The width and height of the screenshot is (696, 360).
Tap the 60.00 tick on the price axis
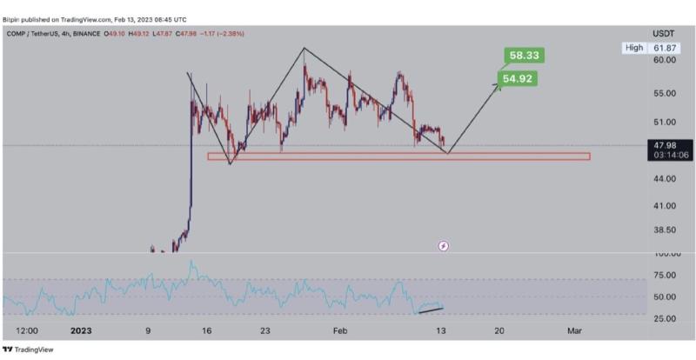(666, 60)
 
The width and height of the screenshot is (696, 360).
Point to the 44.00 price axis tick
(666, 178)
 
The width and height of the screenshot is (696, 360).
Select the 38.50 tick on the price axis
(666, 230)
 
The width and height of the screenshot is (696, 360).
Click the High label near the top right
(633, 48)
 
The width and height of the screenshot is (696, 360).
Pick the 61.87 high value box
(666, 48)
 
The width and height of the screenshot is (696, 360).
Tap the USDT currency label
(666, 34)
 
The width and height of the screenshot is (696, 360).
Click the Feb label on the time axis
(340, 330)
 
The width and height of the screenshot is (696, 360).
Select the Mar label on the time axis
(574, 330)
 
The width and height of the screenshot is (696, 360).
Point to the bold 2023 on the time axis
(80, 330)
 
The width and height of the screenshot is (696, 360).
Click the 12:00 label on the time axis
(27, 330)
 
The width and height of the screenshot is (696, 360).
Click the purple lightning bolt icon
(443, 246)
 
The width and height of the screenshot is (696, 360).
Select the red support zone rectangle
(398, 157)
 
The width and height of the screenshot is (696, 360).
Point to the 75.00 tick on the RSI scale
(666, 275)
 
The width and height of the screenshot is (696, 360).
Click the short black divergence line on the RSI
(432, 308)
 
